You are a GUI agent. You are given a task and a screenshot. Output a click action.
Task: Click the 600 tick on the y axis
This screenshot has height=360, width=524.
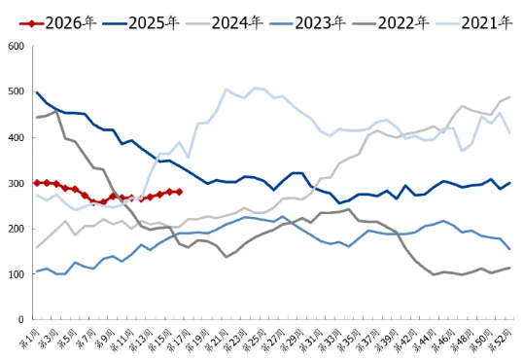click(15, 46)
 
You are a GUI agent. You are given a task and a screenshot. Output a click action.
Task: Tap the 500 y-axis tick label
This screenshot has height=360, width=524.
click(15, 91)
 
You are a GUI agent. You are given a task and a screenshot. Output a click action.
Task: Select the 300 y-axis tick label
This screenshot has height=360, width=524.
click(15, 183)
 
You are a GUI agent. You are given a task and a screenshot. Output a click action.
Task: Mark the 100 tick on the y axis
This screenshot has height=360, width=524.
click(15, 274)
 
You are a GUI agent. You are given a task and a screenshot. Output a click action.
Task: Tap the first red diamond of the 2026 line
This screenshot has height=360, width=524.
click(37, 183)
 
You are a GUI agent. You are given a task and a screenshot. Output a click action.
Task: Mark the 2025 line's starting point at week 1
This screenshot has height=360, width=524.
click(37, 92)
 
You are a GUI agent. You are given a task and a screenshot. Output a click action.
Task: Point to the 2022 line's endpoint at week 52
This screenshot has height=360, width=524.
click(509, 268)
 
